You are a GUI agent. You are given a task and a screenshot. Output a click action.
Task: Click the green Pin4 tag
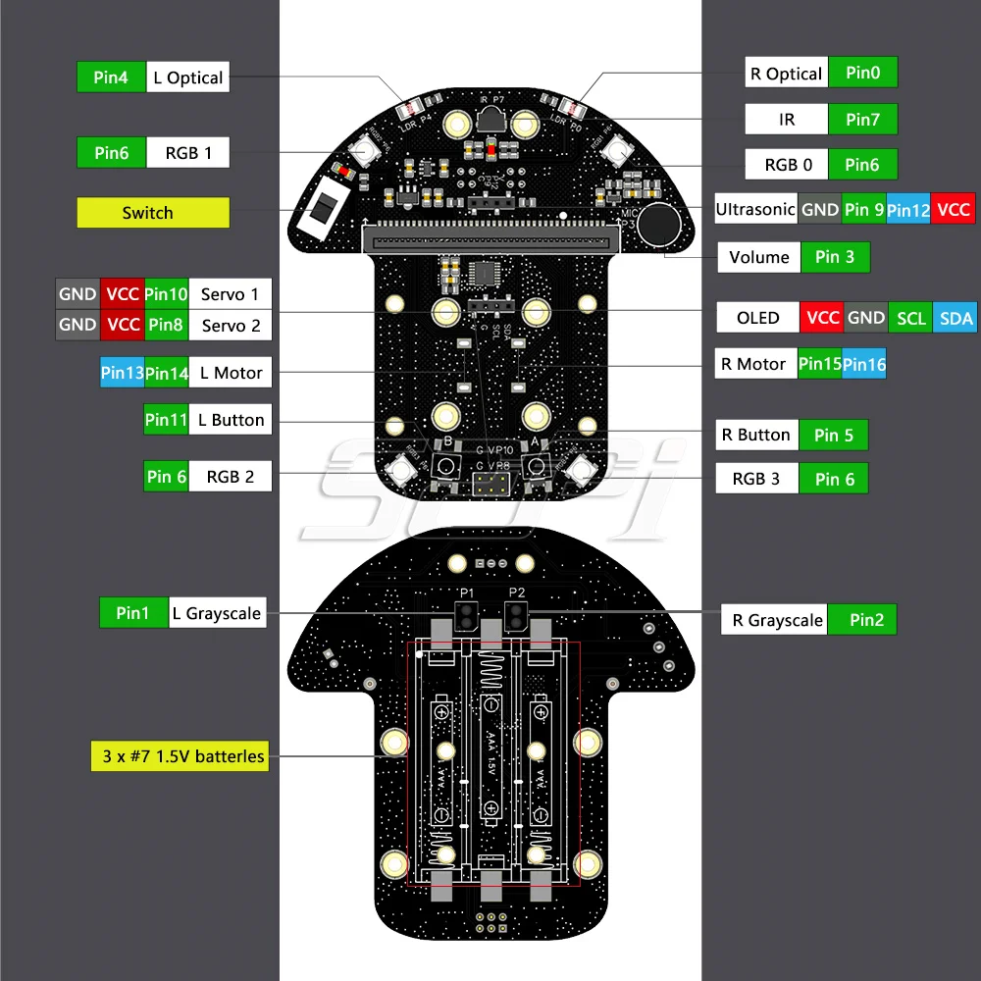pyautogui.click(x=112, y=77)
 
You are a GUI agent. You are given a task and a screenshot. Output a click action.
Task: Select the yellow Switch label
pyautogui.click(x=153, y=213)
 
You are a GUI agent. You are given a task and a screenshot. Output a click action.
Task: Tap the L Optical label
pyautogui.click(x=188, y=77)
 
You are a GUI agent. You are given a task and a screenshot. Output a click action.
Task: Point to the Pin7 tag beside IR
pyautogui.click(x=862, y=120)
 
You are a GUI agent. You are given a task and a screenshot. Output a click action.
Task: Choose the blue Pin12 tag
pyautogui.click(x=908, y=209)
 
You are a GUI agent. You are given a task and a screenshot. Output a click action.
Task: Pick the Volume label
pyautogui.click(x=759, y=257)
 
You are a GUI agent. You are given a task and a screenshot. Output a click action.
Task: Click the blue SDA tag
pyautogui.click(x=955, y=318)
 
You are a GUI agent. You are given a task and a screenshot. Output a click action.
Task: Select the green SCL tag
pyautogui.click(x=911, y=318)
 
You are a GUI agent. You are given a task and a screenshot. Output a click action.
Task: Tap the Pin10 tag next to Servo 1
pyautogui.click(x=166, y=293)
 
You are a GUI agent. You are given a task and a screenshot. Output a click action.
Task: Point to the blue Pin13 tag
pyautogui.click(x=122, y=373)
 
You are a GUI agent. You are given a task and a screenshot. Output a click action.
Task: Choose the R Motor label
pyautogui.click(x=753, y=364)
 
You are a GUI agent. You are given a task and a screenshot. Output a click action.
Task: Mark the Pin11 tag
pyautogui.click(x=166, y=420)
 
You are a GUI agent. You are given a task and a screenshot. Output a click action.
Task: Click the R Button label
pyautogui.click(x=755, y=435)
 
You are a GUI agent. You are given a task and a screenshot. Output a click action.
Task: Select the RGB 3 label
pyautogui.click(x=755, y=479)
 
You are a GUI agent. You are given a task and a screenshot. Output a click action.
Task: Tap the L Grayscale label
pyautogui.click(x=217, y=613)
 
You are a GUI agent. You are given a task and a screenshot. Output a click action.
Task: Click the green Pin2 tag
pyautogui.click(x=866, y=619)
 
